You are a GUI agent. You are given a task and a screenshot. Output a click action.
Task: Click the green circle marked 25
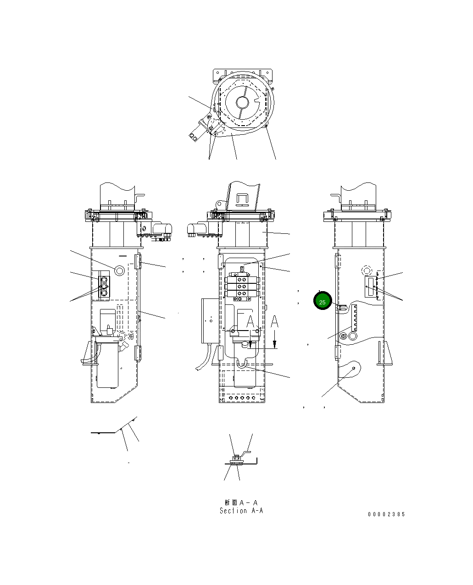(x=322, y=302)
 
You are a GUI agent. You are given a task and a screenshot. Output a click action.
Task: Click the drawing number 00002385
(x=386, y=514)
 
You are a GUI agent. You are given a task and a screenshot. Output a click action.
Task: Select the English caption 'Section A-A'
(x=241, y=511)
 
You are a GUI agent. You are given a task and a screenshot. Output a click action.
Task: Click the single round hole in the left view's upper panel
(x=119, y=270)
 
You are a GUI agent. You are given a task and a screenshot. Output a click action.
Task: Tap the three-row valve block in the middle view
(x=243, y=287)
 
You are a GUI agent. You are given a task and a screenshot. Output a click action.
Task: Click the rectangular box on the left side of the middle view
(x=210, y=321)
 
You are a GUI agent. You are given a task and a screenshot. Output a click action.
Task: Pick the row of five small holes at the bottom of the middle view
(x=242, y=398)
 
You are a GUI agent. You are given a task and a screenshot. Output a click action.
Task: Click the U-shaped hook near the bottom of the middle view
(x=242, y=364)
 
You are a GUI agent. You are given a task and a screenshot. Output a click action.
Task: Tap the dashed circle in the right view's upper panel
(x=367, y=270)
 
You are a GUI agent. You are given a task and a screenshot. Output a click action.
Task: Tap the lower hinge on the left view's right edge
(x=137, y=353)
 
